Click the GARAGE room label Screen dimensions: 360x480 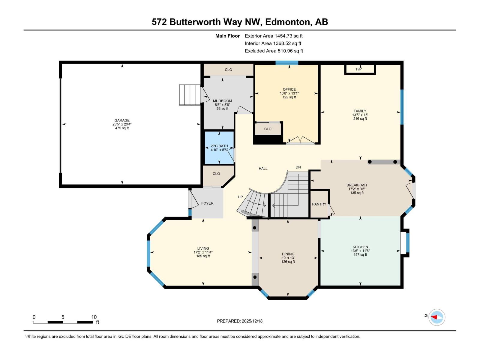point(122,120)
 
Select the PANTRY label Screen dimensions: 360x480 point(319,204)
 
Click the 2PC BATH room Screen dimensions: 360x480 point(219,148)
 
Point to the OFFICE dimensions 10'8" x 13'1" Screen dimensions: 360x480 point(289,93)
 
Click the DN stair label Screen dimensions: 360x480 point(298,167)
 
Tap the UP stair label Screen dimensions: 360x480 point(240,197)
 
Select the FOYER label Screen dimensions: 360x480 point(207,203)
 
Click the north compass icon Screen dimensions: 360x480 point(436,317)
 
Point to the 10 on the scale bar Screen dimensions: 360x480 point(94,317)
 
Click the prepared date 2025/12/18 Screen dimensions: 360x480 point(251,321)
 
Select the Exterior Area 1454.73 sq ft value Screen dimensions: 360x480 point(274,36)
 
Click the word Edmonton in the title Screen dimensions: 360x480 point(288,22)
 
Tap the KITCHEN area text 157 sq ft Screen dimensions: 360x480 point(360,255)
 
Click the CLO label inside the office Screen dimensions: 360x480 point(268,129)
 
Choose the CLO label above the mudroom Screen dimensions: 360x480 point(228,70)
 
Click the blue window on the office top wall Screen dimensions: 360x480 point(287,63)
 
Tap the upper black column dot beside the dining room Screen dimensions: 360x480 point(255,228)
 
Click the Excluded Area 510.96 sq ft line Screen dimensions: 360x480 point(274,51)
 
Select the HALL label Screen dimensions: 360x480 point(263,168)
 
